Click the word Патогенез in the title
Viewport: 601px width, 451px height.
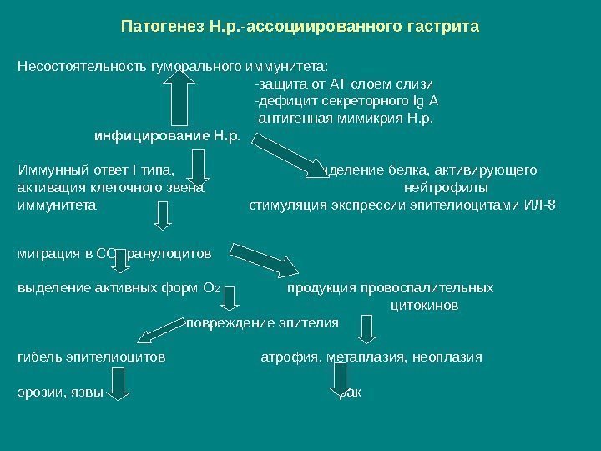click(x=160, y=27)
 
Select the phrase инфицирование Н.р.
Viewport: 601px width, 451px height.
click(x=167, y=135)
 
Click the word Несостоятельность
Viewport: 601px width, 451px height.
click(x=83, y=65)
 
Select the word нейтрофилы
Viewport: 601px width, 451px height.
click(x=447, y=188)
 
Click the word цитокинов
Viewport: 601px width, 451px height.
click(x=424, y=306)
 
